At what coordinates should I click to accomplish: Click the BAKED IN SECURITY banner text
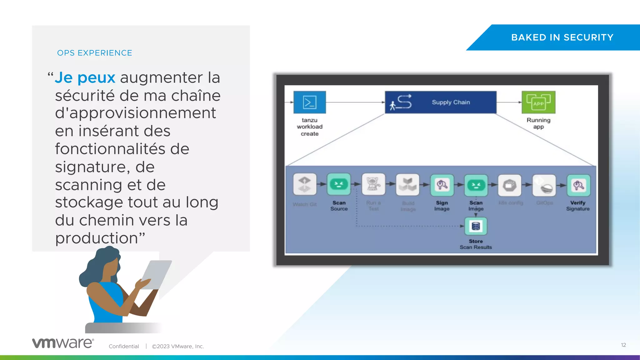click(562, 37)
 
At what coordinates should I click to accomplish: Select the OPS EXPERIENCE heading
click(95, 53)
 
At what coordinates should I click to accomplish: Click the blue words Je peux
click(85, 77)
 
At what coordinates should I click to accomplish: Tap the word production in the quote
click(97, 238)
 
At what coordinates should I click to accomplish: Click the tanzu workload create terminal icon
click(309, 102)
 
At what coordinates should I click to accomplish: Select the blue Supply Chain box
click(440, 102)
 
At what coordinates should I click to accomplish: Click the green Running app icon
click(538, 102)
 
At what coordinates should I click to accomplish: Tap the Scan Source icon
click(339, 184)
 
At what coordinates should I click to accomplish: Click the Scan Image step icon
click(476, 185)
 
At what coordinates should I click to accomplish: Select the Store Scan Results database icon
click(476, 226)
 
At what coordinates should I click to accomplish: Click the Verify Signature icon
click(578, 185)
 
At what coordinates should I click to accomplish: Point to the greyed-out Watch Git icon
click(305, 184)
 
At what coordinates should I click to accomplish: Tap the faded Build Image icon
click(407, 184)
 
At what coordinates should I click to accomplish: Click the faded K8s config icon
click(509, 185)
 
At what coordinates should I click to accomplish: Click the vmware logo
click(63, 343)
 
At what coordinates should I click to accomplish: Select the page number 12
click(623, 345)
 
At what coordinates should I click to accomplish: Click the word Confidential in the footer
click(124, 346)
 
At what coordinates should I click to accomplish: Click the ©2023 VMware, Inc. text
click(178, 346)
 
